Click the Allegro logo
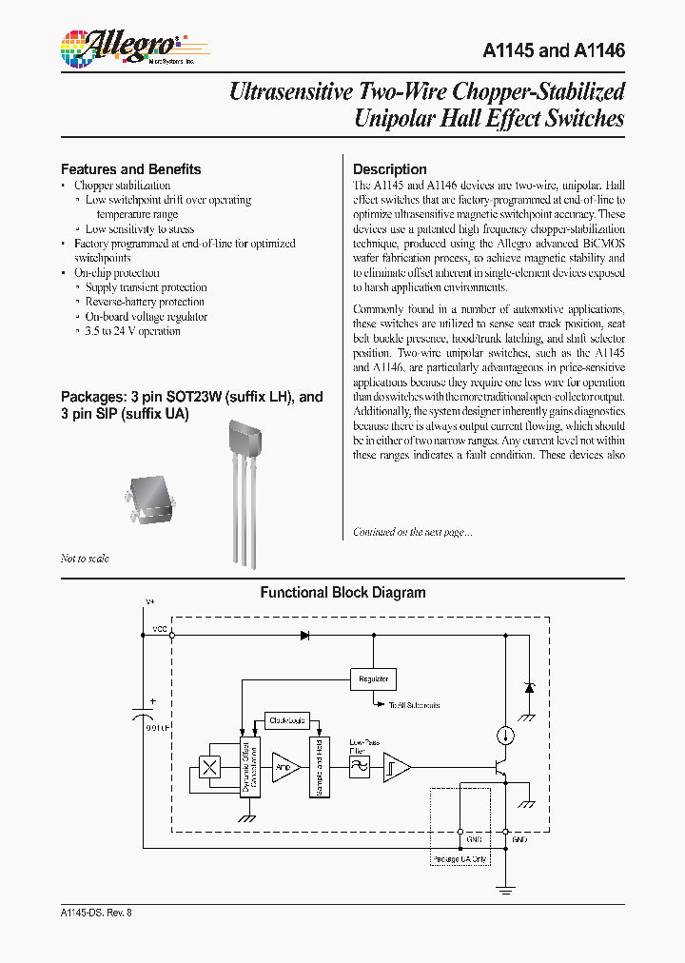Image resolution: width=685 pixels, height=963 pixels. pos(119,47)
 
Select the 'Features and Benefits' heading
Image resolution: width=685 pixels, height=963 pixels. pos(130,169)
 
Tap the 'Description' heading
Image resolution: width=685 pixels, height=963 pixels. pos(389,169)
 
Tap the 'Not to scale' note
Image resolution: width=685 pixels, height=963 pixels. pos(85,559)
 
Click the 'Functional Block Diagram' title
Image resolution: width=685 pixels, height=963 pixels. pos(342,593)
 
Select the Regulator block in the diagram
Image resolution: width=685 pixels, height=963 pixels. pos(373,679)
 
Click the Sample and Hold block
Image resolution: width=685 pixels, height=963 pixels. pos(318,766)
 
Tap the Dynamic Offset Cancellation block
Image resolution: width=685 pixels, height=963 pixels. pos(249,767)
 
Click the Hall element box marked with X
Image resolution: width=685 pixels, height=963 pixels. pos(208,767)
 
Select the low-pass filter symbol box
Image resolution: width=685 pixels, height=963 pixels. pos(359,766)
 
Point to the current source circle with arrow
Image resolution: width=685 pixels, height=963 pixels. pos(505,735)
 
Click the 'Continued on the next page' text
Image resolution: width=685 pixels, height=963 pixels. pos(413,532)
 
